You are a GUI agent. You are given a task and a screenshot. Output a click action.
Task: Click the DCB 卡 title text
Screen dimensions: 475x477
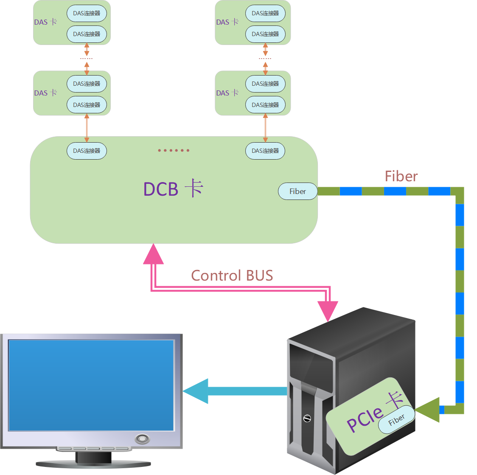[x=173, y=189]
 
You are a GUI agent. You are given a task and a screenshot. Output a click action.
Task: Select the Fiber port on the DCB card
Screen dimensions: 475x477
[x=297, y=191]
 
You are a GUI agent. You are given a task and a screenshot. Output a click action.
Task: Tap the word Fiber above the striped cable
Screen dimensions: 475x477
[x=401, y=176]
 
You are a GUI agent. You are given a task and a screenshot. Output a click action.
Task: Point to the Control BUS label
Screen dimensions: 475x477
[x=232, y=275]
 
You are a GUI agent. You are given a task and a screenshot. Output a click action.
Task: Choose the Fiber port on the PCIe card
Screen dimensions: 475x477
[x=396, y=420]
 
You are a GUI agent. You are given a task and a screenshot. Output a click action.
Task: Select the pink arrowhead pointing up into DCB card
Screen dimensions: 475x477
[x=153, y=255]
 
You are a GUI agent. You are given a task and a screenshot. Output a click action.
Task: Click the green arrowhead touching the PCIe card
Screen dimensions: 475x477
[x=428, y=410]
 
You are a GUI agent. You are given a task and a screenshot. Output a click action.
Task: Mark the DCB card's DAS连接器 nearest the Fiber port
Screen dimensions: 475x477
[x=265, y=151]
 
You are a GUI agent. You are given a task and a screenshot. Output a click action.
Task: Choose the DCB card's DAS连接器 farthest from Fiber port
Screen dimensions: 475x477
[x=87, y=151]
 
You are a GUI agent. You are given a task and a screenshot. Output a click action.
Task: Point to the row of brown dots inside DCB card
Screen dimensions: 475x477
[x=174, y=150]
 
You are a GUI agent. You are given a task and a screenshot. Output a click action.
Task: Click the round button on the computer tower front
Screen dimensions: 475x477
[x=307, y=419]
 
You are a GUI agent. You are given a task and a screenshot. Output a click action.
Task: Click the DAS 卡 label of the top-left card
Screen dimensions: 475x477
[x=45, y=22]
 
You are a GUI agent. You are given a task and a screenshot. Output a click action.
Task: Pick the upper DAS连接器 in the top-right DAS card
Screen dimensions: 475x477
[x=265, y=14]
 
